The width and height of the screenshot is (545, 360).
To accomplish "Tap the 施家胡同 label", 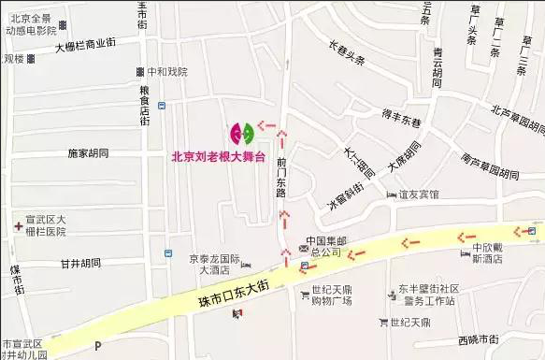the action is coord(89,151).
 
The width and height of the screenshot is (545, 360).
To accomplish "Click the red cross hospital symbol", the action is coord(18,225).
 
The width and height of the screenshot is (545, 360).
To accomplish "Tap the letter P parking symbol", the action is coord(96,346).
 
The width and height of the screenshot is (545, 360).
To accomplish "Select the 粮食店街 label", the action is coord(145,108).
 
